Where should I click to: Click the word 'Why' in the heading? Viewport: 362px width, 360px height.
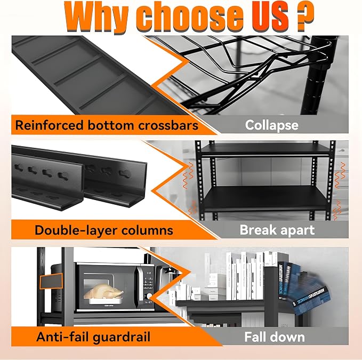[96, 17]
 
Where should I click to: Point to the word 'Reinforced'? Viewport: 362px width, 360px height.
[49, 125]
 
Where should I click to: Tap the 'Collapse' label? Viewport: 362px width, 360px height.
[272, 125]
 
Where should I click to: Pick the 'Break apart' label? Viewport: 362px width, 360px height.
[277, 230]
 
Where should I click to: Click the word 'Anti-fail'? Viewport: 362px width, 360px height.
[62, 337]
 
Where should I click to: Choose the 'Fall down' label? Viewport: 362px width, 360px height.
[275, 337]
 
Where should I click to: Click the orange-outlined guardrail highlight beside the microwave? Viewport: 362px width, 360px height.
[51, 281]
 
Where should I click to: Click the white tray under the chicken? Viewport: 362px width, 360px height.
[103, 301]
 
